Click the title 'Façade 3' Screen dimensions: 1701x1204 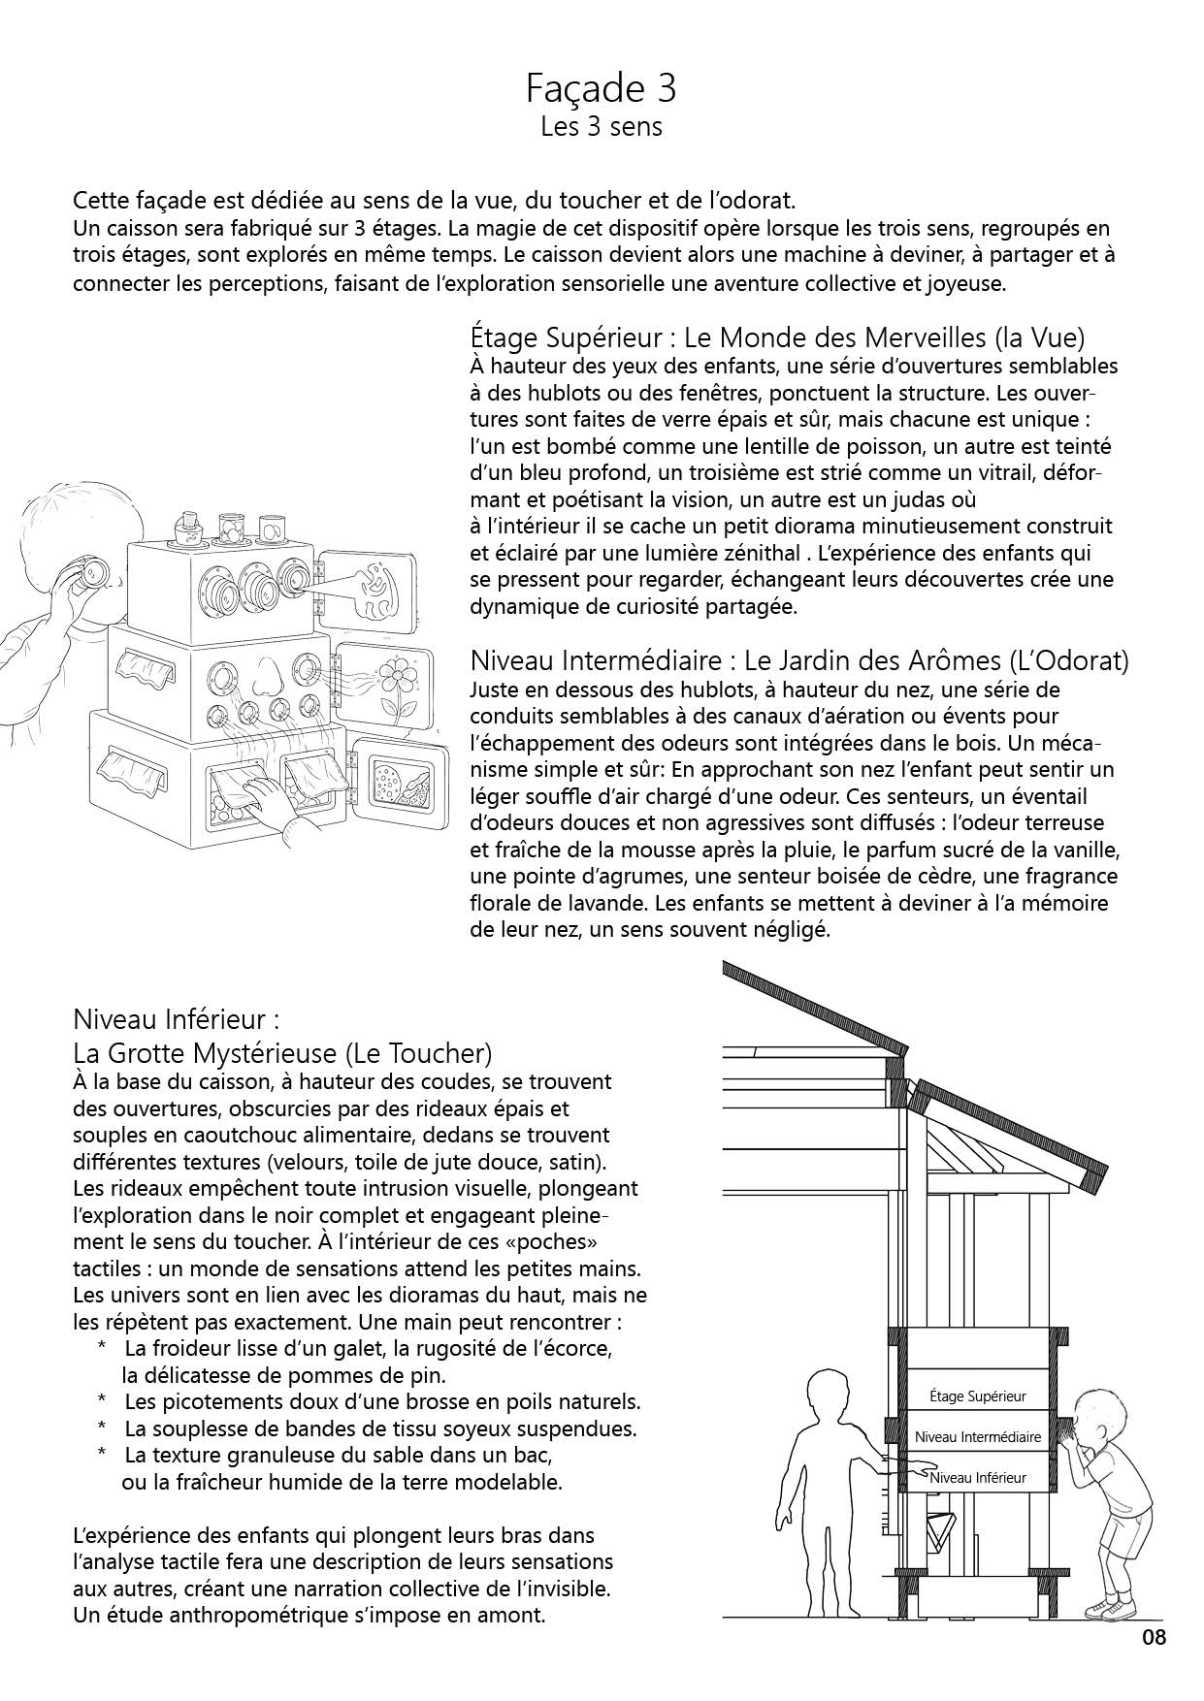(x=601, y=89)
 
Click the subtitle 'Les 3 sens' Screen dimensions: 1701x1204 (x=601, y=127)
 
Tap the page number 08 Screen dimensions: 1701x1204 (x=1154, y=1638)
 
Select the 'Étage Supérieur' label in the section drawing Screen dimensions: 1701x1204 (x=977, y=1396)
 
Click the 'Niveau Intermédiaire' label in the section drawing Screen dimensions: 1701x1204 (x=977, y=1437)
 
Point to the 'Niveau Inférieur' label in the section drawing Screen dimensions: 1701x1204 (x=977, y=1478)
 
